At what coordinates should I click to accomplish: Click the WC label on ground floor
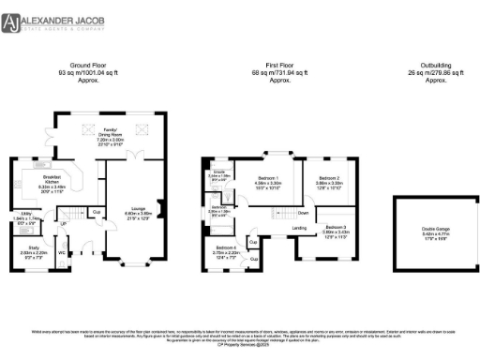[x=61, y=252]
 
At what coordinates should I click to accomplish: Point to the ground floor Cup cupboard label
[x=97, y=211]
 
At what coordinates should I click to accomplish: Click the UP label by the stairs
[x=64, y=223]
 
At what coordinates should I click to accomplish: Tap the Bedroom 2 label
[x=327, y=178]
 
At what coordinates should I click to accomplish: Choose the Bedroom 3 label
[x=335, y=228]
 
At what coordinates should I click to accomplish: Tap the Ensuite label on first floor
[x=217, y=172]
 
